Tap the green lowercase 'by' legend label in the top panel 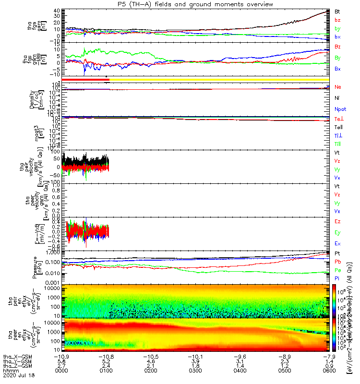pyautogui.click(x=337, y=29)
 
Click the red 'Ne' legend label pyautogui.click(x=337, y=87)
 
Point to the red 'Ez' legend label pyautogui.click(x=337, y=222)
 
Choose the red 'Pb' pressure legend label pyautogui.click(x=337, y=262)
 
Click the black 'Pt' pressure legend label pyautogui.click(x=337, y=253)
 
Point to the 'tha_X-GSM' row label pyautogui.click(x=15, y=357)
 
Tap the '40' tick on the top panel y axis pyautogui.click(x=56, y=11)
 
